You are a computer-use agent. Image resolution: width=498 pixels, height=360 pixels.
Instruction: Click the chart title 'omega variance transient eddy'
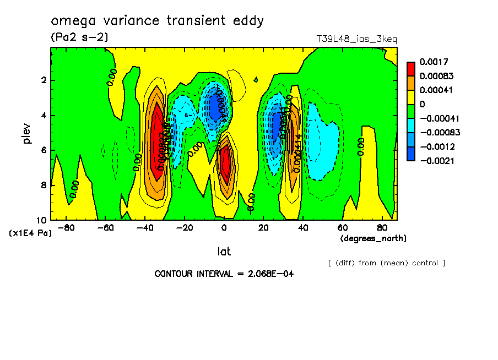tap(157, 21)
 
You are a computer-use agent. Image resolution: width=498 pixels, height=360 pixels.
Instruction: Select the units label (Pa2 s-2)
tap(79, 37)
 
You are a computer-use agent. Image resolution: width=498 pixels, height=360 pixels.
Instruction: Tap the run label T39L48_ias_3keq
tap(356, 39)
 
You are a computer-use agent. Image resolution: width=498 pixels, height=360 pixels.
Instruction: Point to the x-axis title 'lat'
tap(224, 252)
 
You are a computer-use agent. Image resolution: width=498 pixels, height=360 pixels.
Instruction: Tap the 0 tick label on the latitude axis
tap(224, 228)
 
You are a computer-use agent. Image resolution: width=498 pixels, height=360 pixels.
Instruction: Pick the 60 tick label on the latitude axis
tap(343, 228)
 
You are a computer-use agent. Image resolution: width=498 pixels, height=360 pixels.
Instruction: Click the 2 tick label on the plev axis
tap(44, 80)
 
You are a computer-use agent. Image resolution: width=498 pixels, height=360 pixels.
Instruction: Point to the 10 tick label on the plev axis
tap(41, 220)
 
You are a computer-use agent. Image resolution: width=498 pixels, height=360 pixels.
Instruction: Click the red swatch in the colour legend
tap(410, 69)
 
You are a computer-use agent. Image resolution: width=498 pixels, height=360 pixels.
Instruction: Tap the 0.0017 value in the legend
tap(434, 62)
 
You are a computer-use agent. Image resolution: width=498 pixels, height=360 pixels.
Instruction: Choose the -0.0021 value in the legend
tap(435, 161)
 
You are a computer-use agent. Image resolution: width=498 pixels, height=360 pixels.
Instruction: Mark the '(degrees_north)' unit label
tap(373, 238)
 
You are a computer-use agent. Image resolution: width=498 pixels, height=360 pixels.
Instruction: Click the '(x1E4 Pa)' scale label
tap(31, 233)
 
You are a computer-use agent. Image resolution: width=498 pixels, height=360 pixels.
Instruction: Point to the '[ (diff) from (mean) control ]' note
tap(386, 263)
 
